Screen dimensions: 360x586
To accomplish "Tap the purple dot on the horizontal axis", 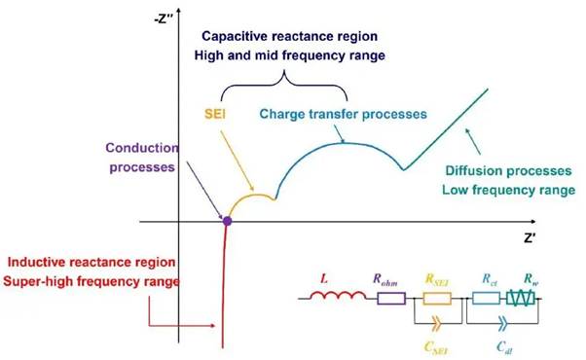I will (x=227, y=222).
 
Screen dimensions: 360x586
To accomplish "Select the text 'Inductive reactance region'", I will (x=90, y=263).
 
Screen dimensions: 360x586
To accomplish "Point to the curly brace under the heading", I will (x=282, y=88).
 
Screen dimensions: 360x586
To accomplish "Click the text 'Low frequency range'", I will (x=507, y=191).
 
